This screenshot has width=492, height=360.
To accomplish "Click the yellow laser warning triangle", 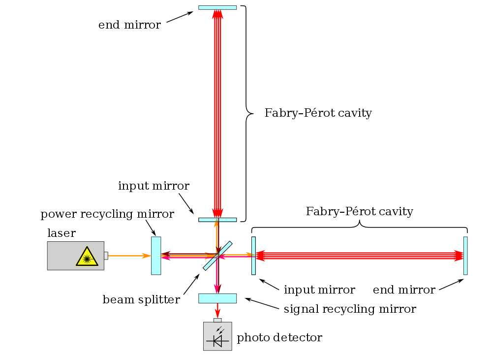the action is pyautogui.click(x=87, y=257).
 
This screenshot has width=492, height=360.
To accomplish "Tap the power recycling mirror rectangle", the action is pyautogui.click(x=156, y=256).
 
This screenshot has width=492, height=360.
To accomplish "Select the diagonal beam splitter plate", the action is pyautogui.click(x=217, y=256).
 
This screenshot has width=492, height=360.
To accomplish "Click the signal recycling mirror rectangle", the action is pyautogui.click(x=217, y=298).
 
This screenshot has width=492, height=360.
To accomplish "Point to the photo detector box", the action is pyautogui.click(x=217, y=336).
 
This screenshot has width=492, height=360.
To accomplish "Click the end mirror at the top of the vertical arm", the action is pyautogui.click(x=217, y=7).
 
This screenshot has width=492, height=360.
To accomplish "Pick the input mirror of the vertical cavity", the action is pyautogui.click(x=217, y=220).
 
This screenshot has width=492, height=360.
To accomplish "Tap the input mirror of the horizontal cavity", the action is pyautogui.click(x=253, y=256).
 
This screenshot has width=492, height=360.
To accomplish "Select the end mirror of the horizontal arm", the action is pyautogui.click(x=465, y=256).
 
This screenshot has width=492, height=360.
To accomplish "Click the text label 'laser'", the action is pyautogui.click(x=61, y=233).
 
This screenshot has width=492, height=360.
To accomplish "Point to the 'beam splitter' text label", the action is pyautogui.click(x=141, y=300).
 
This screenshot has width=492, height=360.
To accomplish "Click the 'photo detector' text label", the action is pyautogui.click(x=279, y=338).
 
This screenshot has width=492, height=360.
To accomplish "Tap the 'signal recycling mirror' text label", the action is pyautogui.click(x=350, y=309).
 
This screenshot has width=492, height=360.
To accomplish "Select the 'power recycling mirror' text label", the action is pyautogui.click(x=107, y=214).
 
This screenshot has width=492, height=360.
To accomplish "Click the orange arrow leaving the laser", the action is pyautogui.click(x=129, y=256).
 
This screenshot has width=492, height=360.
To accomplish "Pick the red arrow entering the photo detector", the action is pyautogui.click(x=217, y=311).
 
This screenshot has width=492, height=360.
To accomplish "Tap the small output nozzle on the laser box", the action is pyautogui.click(x=106, y=256).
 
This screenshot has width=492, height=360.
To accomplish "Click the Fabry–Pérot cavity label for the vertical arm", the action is pyautogui.click(x=318, y=113).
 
